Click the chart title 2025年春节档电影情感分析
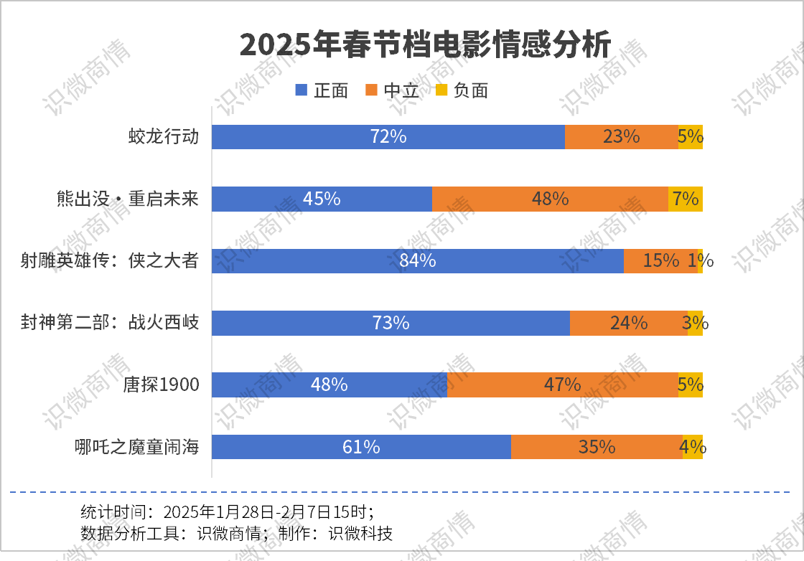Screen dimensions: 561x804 coord(425,45)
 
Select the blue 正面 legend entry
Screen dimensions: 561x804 coord(322,90)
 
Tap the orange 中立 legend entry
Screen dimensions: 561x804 coord(392,90)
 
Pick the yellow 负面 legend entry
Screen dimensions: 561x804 coord(462,90)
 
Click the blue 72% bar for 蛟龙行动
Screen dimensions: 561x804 coord(388,136)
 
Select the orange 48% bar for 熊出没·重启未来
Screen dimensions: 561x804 coord(550,199)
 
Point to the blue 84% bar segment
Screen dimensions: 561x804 coord(418,260)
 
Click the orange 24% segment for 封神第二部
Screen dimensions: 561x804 coord(628,323)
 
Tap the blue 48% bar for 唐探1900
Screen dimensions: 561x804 coord(329,385)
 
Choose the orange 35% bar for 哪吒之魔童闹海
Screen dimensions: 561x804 coord(597,447)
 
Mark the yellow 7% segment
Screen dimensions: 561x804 coord(686,199)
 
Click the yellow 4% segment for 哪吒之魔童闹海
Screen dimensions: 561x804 coord(693,447)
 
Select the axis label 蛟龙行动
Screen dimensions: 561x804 coord(163,136)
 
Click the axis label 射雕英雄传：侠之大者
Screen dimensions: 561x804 coord(110,260)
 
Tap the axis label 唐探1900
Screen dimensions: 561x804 coord(161,385)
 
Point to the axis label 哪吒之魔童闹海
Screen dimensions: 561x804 coord(136,448)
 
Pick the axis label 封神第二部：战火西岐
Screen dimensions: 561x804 coord(110,323)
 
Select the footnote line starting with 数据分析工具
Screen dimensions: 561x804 coord(237,534)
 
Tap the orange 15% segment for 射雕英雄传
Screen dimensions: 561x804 coord(660,260)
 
